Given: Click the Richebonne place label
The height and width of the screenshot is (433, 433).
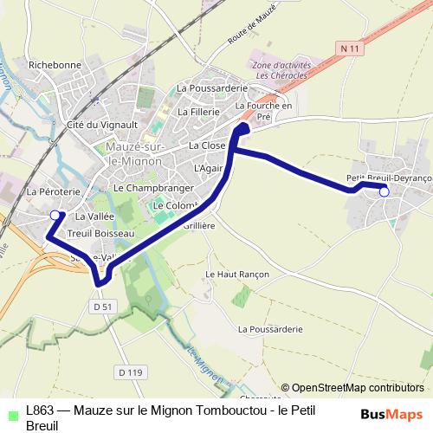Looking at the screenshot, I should tap(55, 65).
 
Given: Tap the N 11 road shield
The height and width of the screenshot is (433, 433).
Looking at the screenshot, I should tap(350, 49).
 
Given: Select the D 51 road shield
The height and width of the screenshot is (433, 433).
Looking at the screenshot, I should tap(101, 306).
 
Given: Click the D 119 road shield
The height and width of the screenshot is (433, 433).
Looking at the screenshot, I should tap(128, 372).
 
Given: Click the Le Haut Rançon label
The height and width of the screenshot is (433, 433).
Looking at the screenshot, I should tap(237, 274).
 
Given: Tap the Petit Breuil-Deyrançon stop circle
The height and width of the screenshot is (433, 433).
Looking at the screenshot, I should tap(385, 192).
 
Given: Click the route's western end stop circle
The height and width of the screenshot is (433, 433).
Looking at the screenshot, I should tap(55, 215).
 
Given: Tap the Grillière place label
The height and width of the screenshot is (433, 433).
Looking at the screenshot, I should tap(199, 224).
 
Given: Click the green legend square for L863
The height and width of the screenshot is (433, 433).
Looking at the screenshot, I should tap(10, 410).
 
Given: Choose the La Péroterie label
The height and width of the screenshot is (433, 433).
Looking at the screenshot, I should tap(54, 191).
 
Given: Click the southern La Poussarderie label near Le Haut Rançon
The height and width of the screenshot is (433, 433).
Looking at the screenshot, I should tap(269, 329).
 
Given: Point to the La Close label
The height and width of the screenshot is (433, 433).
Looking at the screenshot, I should tap(207, 145).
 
